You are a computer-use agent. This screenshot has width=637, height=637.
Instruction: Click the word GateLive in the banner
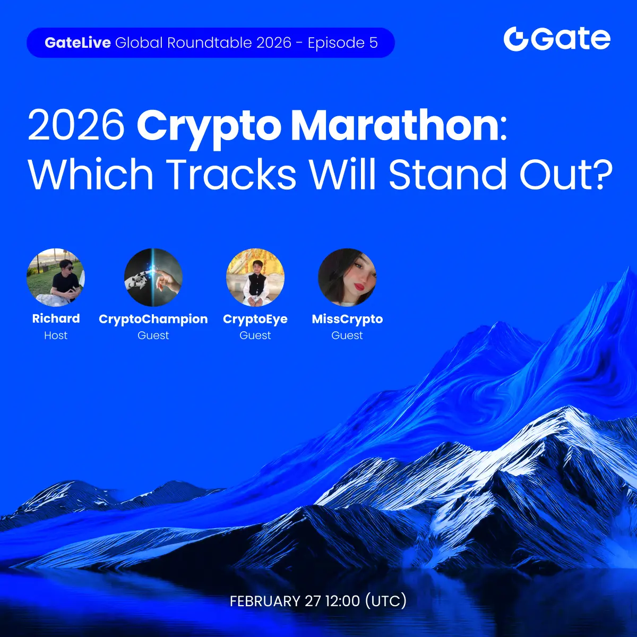78,42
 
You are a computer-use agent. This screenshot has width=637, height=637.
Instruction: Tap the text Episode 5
343,42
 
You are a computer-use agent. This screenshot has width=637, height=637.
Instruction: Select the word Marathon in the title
395,126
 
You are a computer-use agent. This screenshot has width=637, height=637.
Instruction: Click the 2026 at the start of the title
76,126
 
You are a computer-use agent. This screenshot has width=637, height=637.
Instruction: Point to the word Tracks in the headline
233,174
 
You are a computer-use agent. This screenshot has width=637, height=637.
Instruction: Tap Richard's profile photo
56,277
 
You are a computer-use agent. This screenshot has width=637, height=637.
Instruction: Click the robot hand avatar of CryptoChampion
153,277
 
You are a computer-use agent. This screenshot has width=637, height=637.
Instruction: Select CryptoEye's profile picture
255,277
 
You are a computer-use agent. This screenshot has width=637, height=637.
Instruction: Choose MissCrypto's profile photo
347,277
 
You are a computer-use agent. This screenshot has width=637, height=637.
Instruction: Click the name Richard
56,318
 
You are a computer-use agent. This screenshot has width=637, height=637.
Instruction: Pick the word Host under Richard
56,335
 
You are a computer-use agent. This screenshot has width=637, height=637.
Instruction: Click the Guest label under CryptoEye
255,335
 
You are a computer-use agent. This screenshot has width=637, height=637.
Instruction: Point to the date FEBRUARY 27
275,601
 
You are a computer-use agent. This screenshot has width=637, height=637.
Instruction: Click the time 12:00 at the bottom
343,601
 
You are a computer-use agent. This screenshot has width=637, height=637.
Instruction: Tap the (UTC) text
386,601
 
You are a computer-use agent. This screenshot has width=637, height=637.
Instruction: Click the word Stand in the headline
447,174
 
